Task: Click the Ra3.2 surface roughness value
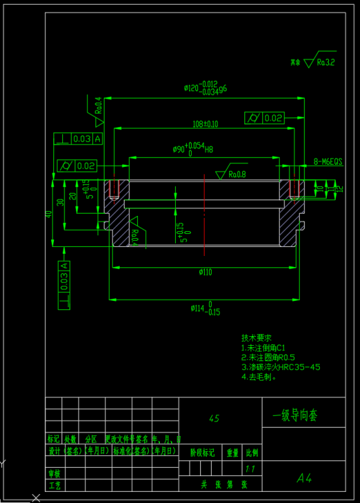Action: pyautogui.click(x=325, y=62)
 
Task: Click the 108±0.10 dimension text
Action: pyautogui.click(x=206, y=124)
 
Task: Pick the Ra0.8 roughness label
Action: pyautogui.click(x=237, y=174)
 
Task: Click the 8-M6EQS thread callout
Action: pyautogui.click(x=328, y=161)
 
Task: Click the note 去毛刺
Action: pyautogui.click(x=259, y=378)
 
